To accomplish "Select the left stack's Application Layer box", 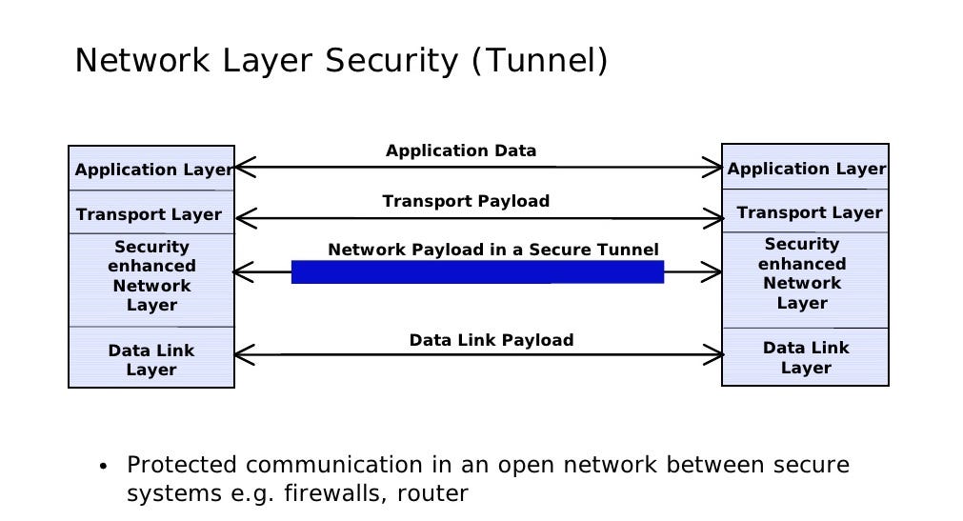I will click(151, 170).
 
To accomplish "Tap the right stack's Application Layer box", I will click(806, 169).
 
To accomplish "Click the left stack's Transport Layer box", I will click(150, 214).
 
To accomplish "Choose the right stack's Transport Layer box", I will click(809, 212).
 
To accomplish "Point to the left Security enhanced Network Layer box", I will click(151, 276).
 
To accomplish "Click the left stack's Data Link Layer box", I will click(151, 359).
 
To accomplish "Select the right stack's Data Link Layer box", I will click(806, 357).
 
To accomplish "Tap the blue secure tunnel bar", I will click(477, 272).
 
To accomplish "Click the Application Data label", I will click(461, 150).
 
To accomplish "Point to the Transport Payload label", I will click(466, 201).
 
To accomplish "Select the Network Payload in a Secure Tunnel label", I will click(492, 250).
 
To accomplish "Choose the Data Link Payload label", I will click(492, 340).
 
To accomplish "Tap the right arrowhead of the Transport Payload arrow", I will click(716, 219).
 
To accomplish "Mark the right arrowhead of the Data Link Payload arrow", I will click(716, 355).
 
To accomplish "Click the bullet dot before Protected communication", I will click(103, 468).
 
